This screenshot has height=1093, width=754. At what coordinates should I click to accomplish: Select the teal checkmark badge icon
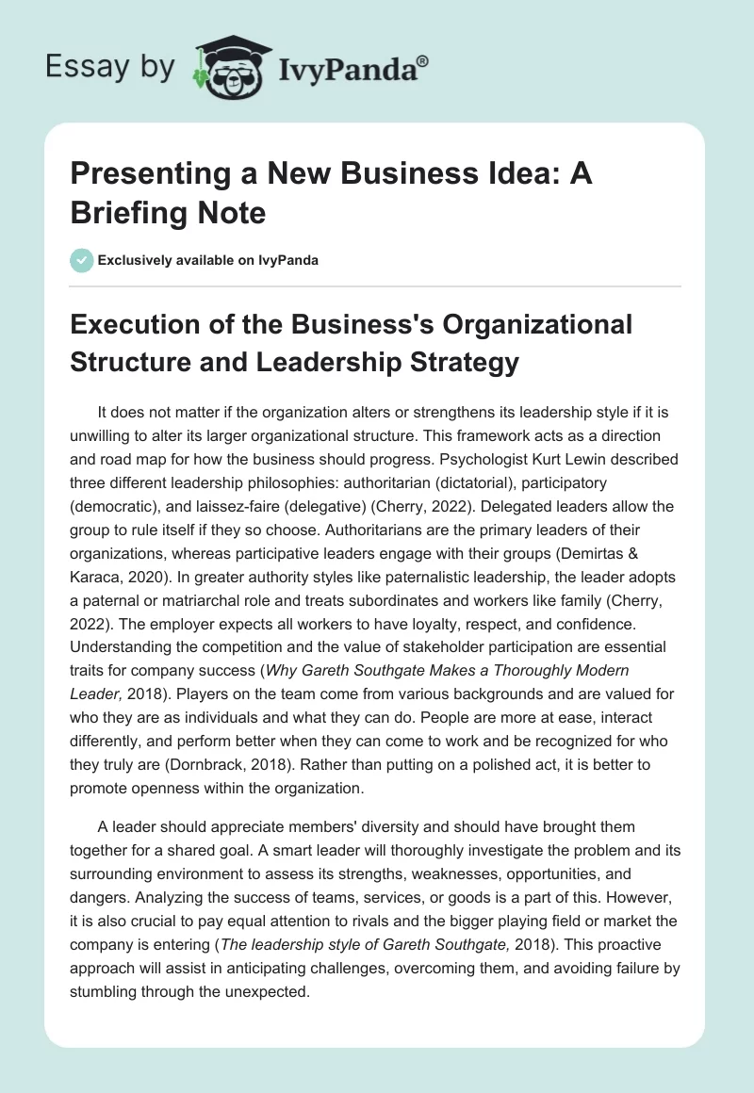point(82,260)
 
